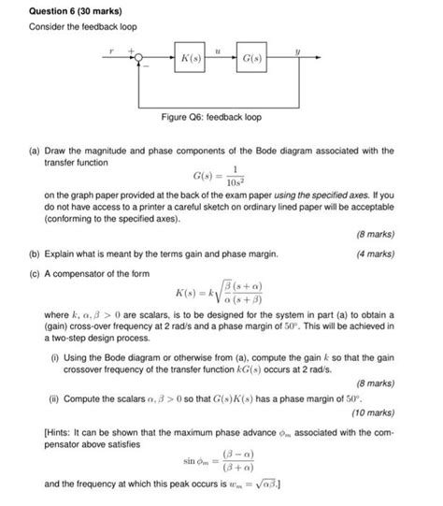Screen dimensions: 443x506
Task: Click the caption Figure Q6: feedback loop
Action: point(221,117)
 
